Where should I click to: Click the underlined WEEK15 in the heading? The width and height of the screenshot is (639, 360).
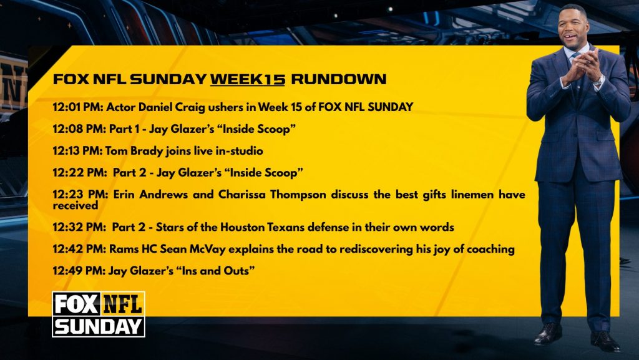pyautogui.click(x=247, y=79)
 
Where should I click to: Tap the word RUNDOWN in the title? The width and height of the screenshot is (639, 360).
pyautogui.click(x=339, y=79)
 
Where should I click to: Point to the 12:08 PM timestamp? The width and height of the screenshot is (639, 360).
pyautogui.click(x=79, y=129)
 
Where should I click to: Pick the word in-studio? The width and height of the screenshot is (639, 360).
pyautogui.click(x=239, y=151)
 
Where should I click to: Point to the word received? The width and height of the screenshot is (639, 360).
pyautogui.click(x=76, y=205)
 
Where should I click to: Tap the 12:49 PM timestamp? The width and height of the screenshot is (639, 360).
pyautogui.click(x=79, y=270)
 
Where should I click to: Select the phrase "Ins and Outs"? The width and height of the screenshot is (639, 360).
pyautogui.click(x=215, y=270)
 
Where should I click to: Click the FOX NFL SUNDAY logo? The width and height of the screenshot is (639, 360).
pyautogui.click(x=99, y=314)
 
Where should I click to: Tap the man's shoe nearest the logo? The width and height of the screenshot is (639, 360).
pyautogui.click(x=549, y=334)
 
